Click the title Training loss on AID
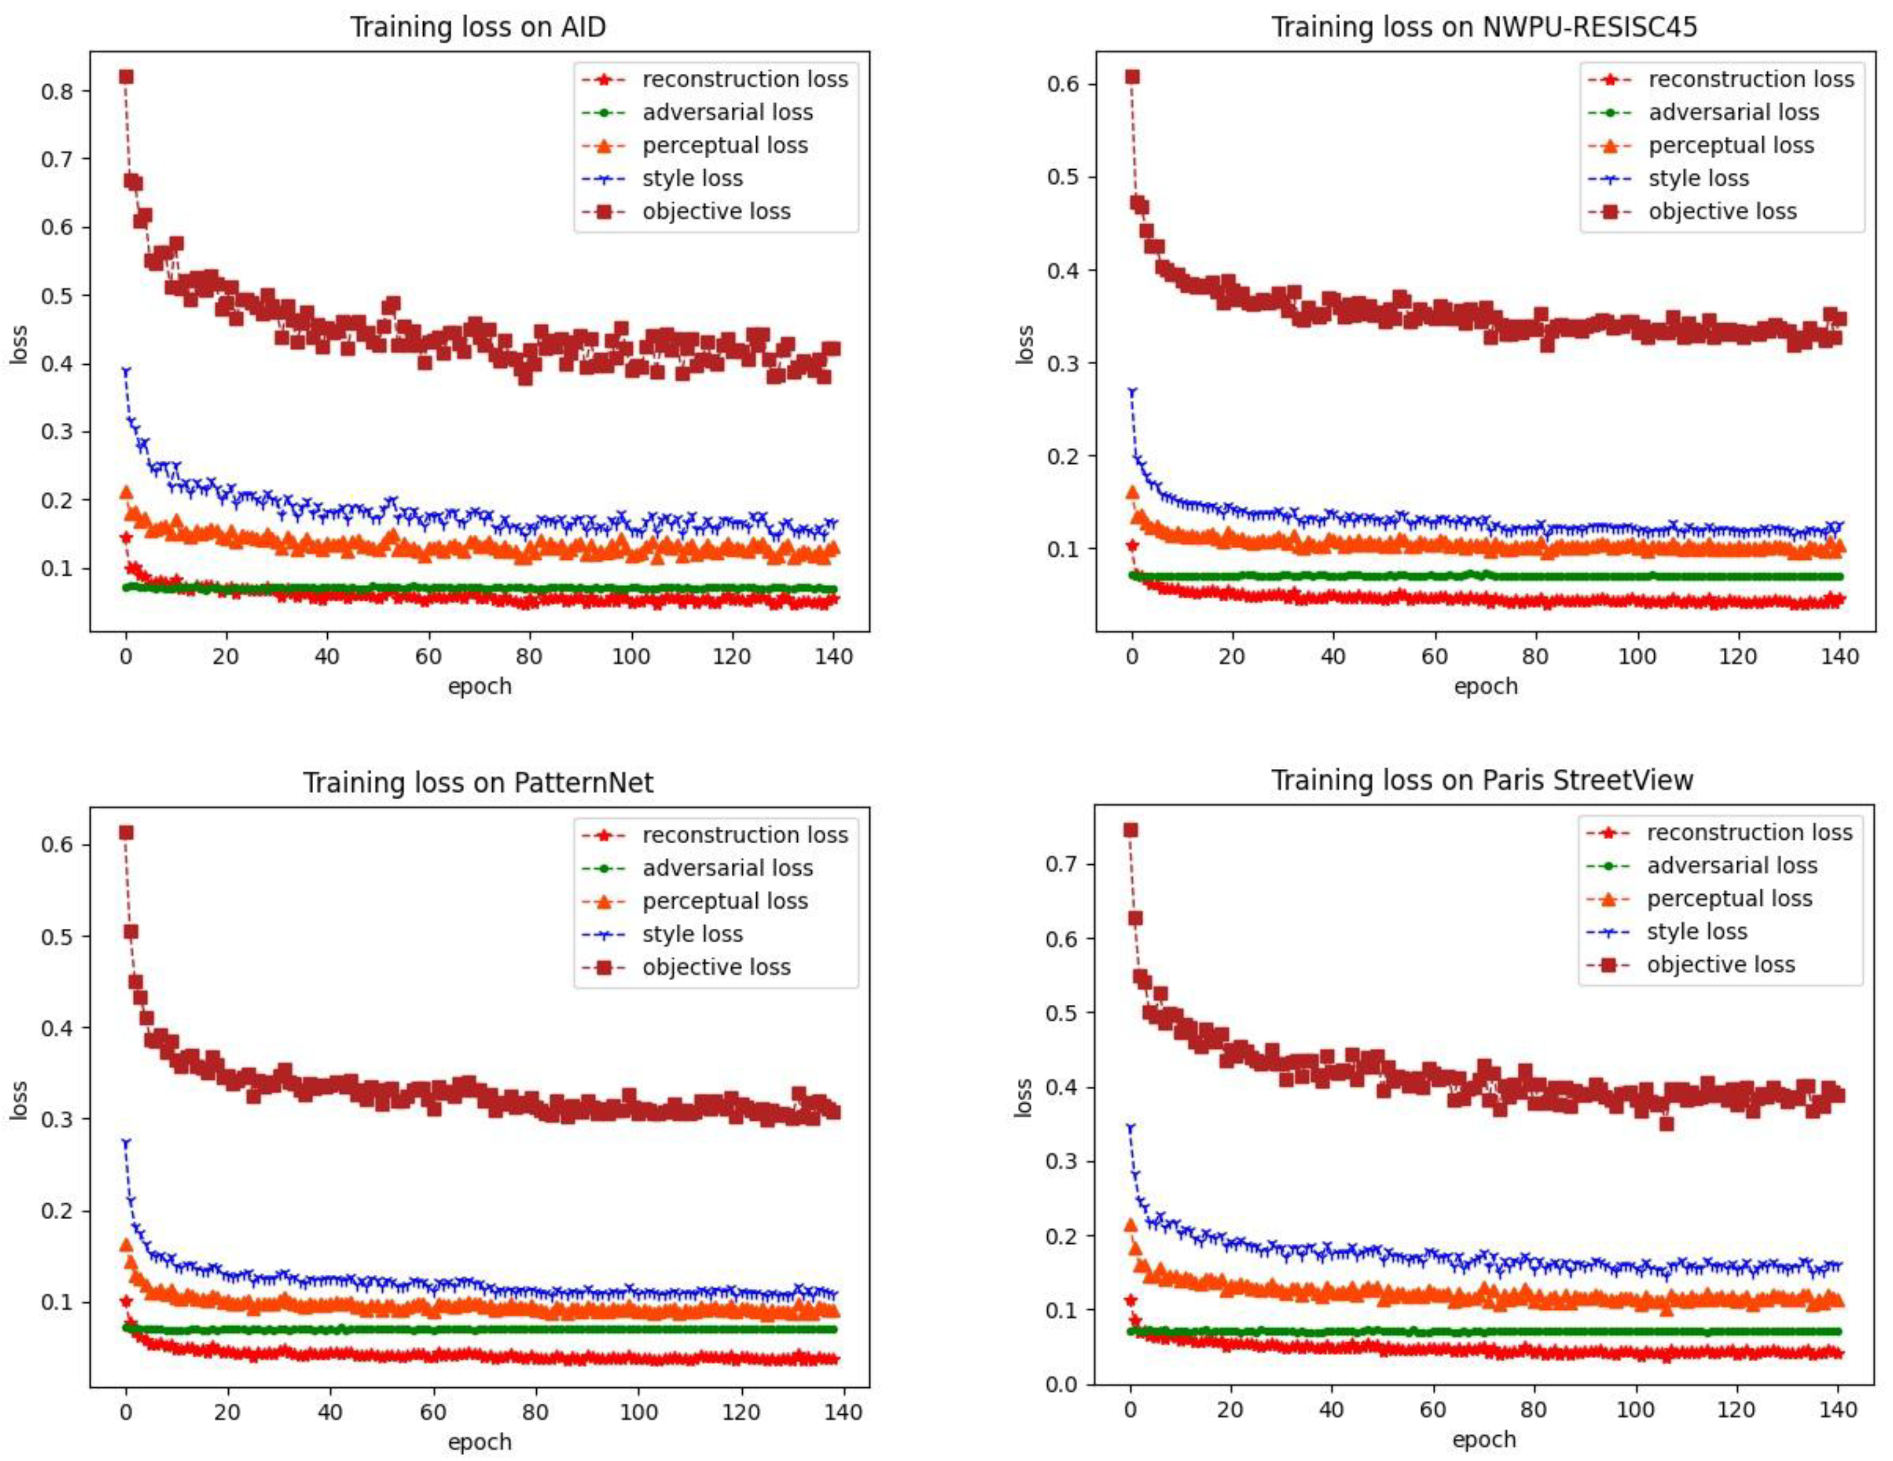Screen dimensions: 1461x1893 pyautogui.click(x=478, y=27)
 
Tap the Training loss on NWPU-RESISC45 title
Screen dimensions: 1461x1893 pyautogui.click(x=1484, y=27)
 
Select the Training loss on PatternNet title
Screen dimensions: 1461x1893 pyautogui.click(x=478, y=783)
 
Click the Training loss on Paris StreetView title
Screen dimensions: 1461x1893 pyautogui.click(x=1482, y=781)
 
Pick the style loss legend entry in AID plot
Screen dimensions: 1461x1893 pyautogui.click(x=692, y=179)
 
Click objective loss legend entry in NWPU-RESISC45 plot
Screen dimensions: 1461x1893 pyautogui.click(x=1722, y=211)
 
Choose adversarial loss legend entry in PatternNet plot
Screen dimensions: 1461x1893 pyautogui.click(x=727, y=868)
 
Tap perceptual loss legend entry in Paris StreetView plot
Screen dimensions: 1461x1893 pyautogui.click(x=1729, y=898)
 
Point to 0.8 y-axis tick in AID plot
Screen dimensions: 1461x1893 pyautogui.click(x=57, y=91)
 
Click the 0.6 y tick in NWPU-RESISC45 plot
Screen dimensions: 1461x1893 pyautogui.click(x=1064, y=85)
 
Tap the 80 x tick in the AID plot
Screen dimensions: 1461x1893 pyautogui.click(x=529, y=656)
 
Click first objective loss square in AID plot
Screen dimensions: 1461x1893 pyautogui.click(x=126, y=77)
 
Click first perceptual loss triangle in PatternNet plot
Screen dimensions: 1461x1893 pyautogui.click(x=126, y=1245)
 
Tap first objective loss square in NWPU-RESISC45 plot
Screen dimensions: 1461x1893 pyautogui.click(x=1132, y=77)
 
